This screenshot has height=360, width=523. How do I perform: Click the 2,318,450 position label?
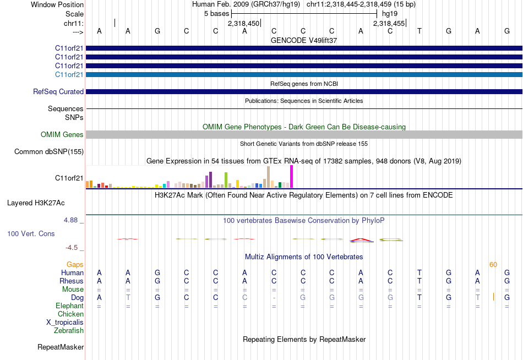(243, 24)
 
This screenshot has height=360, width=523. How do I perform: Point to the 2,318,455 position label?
(389, 24)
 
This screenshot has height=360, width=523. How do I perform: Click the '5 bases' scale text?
(216, 13)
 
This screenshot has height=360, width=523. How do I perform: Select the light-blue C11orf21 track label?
(69, 74)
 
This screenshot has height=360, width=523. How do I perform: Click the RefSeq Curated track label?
(58, 91)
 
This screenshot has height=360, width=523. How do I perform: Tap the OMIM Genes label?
(62, 134)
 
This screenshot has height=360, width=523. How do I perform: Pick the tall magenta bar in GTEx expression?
(291, 177)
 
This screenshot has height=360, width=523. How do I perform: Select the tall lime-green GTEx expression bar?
(226, 180)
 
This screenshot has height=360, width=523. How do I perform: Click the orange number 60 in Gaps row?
(493, 265)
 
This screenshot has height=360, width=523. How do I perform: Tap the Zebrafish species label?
(69, 331)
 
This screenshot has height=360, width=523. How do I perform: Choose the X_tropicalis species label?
(65, 323)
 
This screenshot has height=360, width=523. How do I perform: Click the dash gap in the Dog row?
(274, 298)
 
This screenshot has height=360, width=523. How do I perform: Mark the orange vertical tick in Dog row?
(493, 297)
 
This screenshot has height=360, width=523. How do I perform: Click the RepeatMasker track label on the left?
(61, 347)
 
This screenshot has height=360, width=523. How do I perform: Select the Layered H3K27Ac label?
(36, 203)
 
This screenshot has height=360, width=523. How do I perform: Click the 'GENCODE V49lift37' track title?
(304, 40)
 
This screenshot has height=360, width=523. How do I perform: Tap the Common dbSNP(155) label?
(49, 152)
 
